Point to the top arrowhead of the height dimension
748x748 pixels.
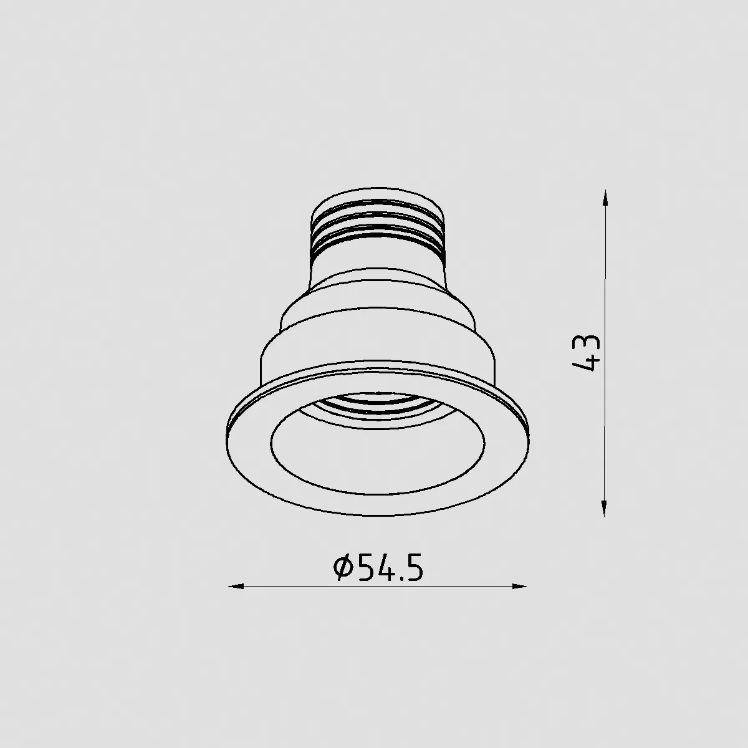pyautogui.click(x=605, y=198)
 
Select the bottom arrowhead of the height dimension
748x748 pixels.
pyautogui.click(x=604, y=508)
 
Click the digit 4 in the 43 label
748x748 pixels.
pyautogui.click(x=586, y=363)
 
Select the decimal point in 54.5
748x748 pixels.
pyautogui.click(x=400, y=578)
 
